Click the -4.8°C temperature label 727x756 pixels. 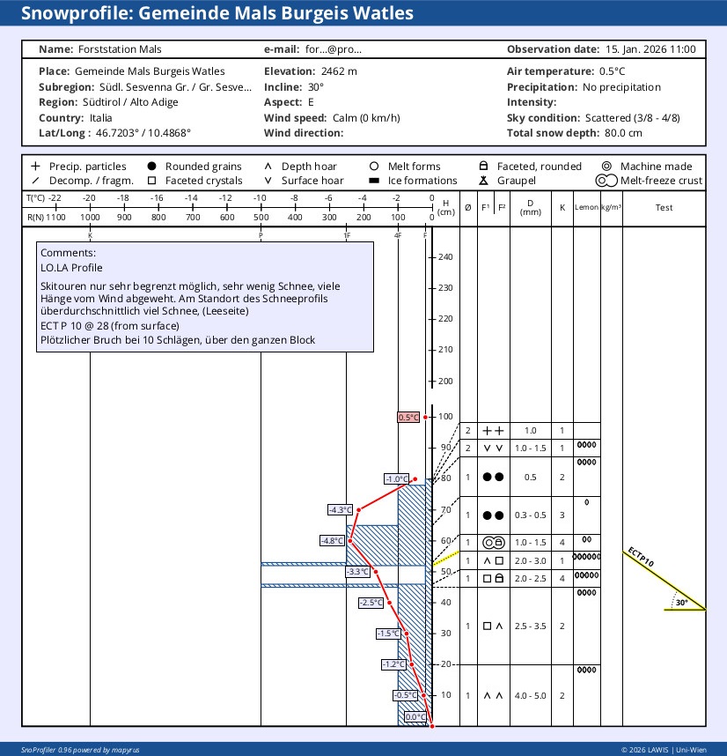coord(333,541)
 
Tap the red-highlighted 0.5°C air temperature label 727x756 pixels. coord(408,418)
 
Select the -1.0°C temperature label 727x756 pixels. coord(396,479)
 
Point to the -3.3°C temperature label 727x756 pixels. coord(358,572)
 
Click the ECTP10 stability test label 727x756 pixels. coord(641,559)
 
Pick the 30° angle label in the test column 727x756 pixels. coord(681,604)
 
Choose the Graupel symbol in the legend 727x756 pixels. coord(482,181)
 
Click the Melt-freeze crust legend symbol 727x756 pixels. coord(606,181)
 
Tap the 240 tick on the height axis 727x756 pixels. coord(444,257)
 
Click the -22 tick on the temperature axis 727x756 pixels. coord(55,198)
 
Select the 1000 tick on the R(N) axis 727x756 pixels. coord(90,218)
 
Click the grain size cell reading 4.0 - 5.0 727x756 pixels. coord(530,695)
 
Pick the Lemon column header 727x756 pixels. coord(586,208)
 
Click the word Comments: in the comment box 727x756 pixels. coord(68,253)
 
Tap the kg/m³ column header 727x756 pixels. coord(611,208)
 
